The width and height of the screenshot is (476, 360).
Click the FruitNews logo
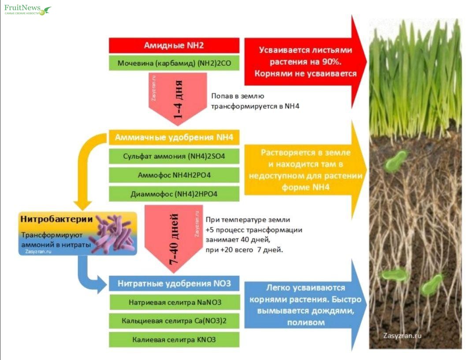[x=27, y=10]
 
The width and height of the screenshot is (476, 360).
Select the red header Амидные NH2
[x=174, y=45]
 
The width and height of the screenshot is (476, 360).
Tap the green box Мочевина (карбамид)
[x=174, y=63]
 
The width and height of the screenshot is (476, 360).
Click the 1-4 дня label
[x=178, y=100]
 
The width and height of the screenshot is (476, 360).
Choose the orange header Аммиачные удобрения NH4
[x=174, y=138]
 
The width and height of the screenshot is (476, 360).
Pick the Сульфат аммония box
[x=174, y=156]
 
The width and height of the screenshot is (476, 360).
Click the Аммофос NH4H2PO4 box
[x=174, y=175]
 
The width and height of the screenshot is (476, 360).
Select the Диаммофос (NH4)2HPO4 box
[x=174, y=194]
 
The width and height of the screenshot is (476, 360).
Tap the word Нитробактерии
[x=56, y=219]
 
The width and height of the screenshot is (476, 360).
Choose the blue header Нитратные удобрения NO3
[x=174, y=283]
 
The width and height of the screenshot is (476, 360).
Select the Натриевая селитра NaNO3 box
[x=174, y=302]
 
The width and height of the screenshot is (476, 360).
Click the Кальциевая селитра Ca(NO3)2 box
[x=174, y=321]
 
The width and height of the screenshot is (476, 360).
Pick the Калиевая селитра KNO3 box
[x=174, y=340]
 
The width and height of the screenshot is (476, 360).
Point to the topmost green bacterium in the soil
[x=396, y=161]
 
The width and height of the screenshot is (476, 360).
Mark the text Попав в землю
[x=238, y=96]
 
